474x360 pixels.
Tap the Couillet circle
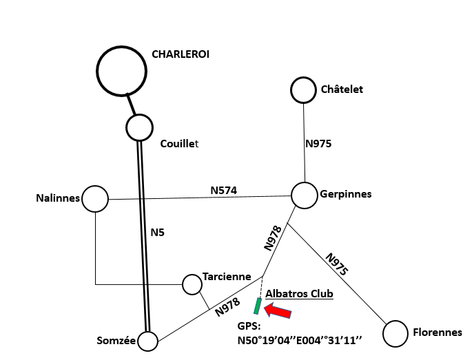[x=139, y=127]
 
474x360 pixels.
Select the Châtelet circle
[x=303, y=89]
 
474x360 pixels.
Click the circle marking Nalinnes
[x=95, y=199]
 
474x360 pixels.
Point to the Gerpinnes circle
[x=305, y=195]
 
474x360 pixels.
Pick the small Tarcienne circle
[x=192, y=284]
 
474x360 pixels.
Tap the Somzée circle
[x=147, y=341]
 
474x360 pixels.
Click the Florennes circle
[x=395, y=333]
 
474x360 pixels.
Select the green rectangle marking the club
[x=258, y=305]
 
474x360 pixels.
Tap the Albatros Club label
[x=299, y=294]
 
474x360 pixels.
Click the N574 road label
[x=224, y=190]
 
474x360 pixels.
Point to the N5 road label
[x=158, y=233]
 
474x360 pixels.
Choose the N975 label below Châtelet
[x=318, y=144]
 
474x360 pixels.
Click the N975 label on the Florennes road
[x=336, y=264]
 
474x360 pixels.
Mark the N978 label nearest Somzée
[x=227, y=307]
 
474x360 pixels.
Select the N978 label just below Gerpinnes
[x=274, y=237]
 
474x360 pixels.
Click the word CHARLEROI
[x=180, y=54]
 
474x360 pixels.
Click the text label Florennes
[x=437, y=332]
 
